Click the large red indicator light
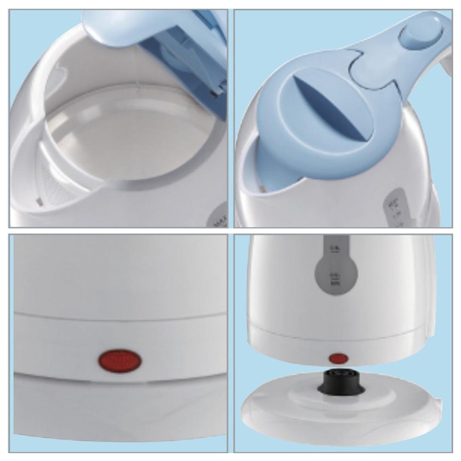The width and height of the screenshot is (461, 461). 120,360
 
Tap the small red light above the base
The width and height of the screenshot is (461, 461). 338,358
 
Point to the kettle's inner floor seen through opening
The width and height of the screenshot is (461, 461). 124,138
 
